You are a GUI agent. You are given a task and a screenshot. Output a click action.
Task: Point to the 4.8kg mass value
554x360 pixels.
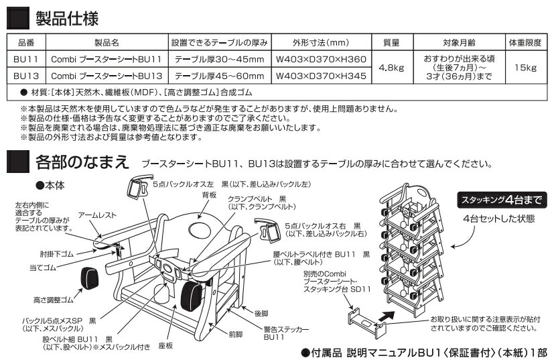pos(391,68)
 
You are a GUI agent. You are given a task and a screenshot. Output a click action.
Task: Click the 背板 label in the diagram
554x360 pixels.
pos(209,194)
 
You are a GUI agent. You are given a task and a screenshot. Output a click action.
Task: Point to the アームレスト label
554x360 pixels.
pos(96,215)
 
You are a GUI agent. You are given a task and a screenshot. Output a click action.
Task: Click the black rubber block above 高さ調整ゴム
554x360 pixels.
pos(89,276)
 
